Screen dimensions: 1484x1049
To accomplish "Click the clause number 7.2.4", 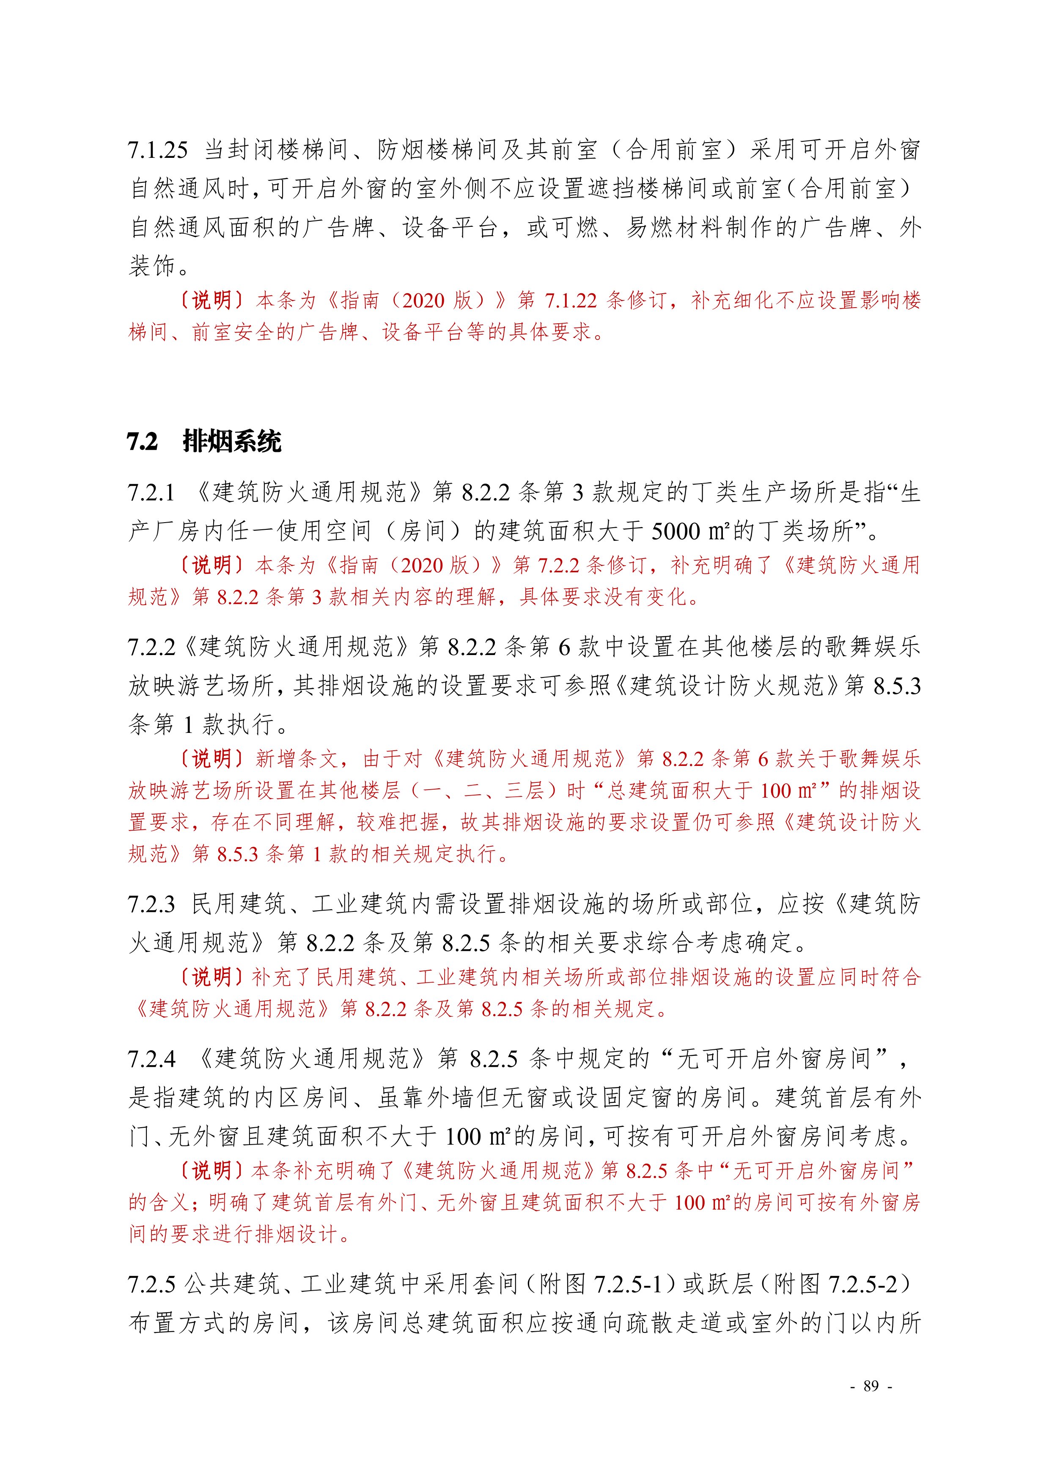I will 152,1059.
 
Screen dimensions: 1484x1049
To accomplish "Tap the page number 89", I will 871,1386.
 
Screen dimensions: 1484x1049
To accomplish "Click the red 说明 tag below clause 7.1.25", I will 212,300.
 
